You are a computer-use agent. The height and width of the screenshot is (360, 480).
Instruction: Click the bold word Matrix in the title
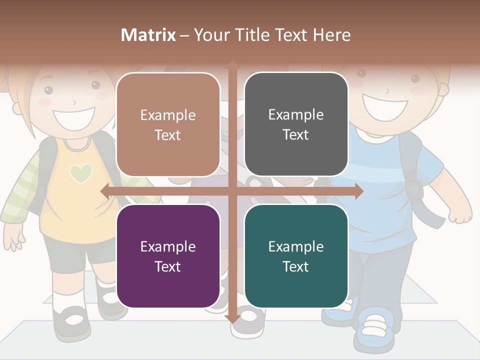tap(148, 35)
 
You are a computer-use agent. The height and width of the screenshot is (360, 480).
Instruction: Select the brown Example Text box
tap(168, 124)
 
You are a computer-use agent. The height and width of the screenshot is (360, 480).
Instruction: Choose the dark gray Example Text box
tap(296, 124)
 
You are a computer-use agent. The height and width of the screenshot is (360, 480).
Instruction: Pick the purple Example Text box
tap(168, 256)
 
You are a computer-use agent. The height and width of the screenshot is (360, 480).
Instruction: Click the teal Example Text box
tap(296, 256)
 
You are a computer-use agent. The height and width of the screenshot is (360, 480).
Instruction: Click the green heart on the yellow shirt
tap(81, 173)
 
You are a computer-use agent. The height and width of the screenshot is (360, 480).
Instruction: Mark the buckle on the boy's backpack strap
tap(414, 189)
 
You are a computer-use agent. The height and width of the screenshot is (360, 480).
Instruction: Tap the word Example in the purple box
tap(168, 246)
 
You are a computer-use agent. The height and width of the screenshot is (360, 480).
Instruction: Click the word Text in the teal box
tap(296, 266)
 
